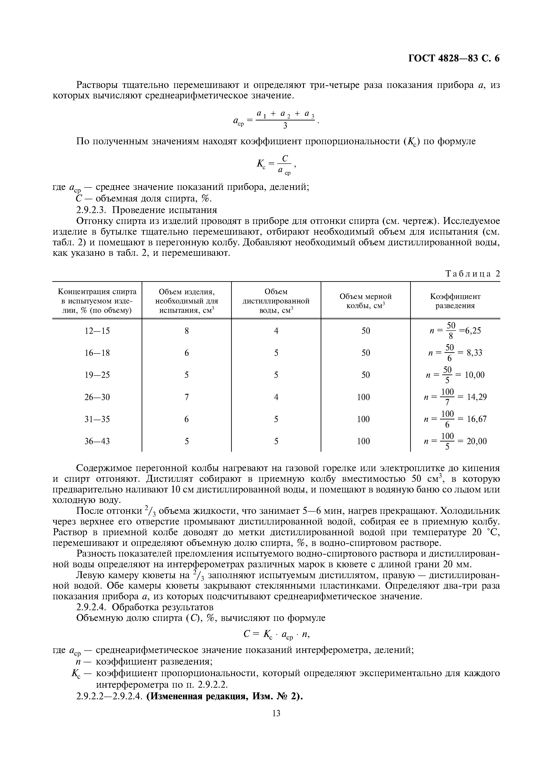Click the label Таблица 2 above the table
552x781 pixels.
[473, 274]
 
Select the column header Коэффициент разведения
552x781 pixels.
[455, 301]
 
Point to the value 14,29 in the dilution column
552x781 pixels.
[477, 397]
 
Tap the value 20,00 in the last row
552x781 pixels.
[477, 441]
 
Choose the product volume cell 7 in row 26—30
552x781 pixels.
[186, 397]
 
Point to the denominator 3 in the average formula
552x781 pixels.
[285, 126]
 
